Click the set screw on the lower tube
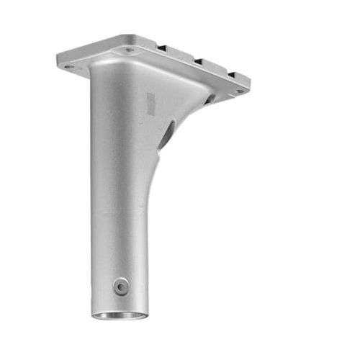[120, 287]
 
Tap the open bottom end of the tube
[121, 315]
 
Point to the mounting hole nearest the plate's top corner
[130, 50]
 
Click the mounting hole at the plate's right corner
[239, 91]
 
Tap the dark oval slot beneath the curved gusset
[166, 135]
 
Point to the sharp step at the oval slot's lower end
[159, 149]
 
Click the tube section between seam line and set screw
[119, 248]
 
